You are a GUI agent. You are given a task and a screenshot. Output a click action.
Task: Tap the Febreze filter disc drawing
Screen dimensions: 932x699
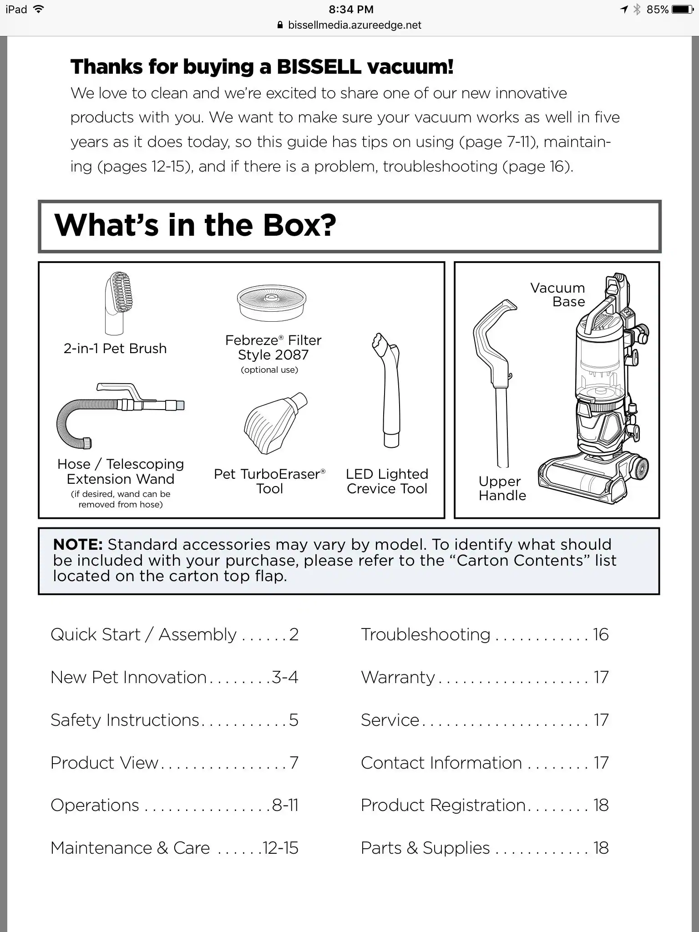tap(272, 302)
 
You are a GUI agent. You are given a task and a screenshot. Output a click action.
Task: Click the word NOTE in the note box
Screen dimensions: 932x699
tap(77, 544)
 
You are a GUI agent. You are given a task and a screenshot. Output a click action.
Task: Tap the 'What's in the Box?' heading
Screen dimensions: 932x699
tap(195, 225)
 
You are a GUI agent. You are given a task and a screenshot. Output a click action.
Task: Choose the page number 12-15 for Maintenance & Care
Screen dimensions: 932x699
tap(280, 848)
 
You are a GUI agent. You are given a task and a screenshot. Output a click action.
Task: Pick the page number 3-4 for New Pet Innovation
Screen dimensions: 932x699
tap(285, 677)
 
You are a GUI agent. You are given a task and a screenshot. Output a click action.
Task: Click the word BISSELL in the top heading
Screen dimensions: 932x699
tap(319, 67)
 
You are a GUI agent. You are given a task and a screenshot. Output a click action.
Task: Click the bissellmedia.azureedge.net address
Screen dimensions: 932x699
tap(354, 25)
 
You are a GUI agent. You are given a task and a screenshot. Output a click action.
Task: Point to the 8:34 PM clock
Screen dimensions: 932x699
tap(350, 9)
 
